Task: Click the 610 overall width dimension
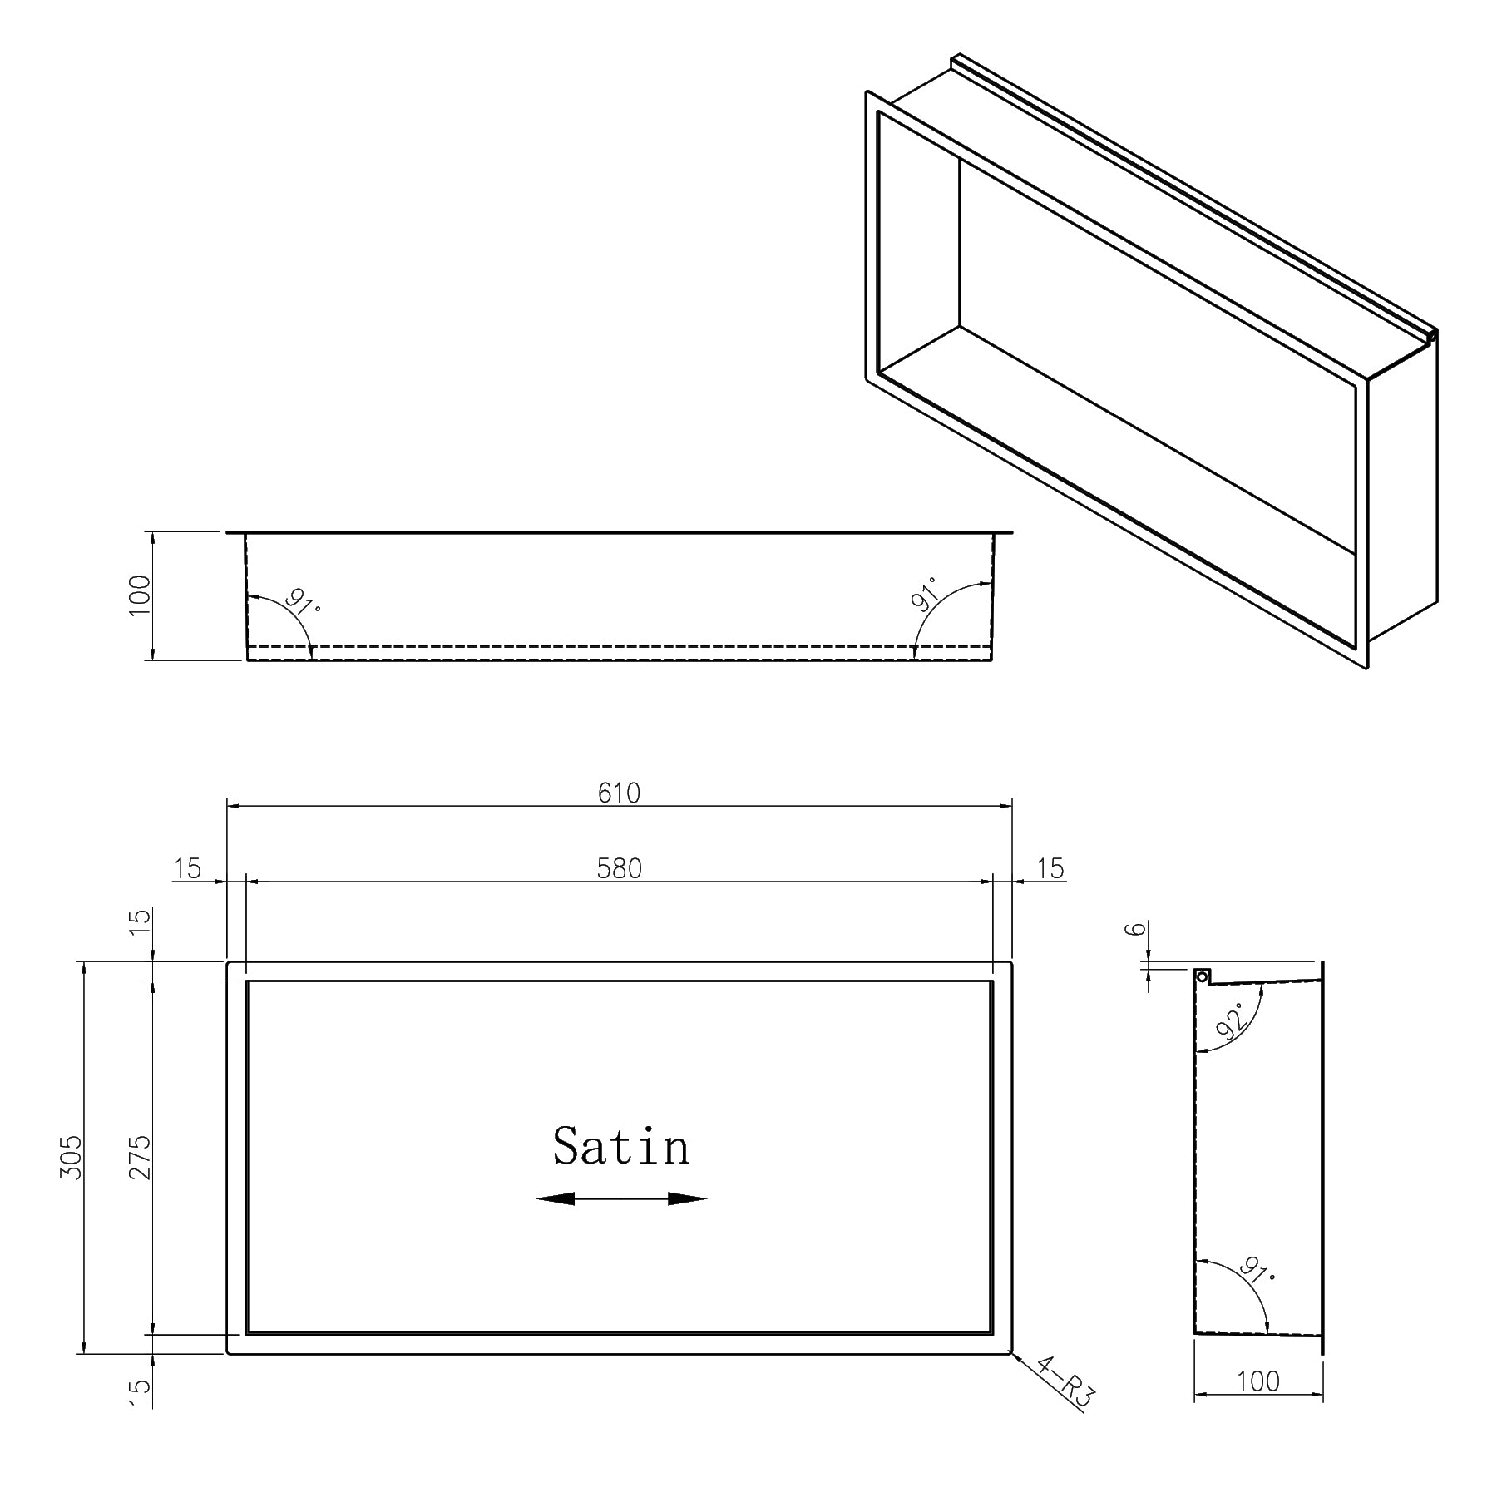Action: [619, 793]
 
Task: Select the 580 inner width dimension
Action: [619, 868]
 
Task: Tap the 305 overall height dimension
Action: [72, 1157]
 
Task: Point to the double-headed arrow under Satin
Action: [621, 1198]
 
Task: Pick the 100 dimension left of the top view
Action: [140, 595]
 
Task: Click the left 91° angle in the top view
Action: [303, 601]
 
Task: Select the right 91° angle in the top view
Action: [924, 594]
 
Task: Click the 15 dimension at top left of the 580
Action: [188, 868]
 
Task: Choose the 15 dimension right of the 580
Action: [1050, 868]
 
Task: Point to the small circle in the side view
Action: [1201, 975]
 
